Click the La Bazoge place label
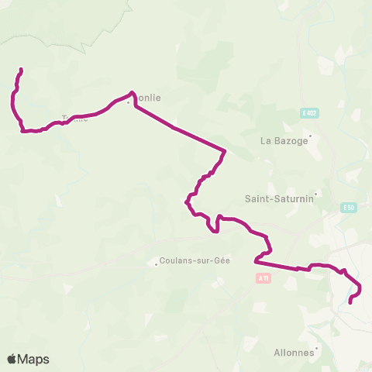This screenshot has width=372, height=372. [284, 141]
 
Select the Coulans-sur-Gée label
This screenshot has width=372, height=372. [195, 261]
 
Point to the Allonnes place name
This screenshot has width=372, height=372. [294, 353]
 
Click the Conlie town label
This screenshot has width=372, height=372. [147, 98]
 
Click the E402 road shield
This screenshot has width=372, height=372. [309, 113]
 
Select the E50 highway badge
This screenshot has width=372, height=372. [349, 208]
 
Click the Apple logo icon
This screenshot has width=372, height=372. [12, 359]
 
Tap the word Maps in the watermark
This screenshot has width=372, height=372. [34, 359]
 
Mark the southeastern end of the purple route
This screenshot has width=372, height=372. [350, 302]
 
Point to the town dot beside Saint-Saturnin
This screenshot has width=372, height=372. [317, 195]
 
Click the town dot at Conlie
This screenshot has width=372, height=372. [129, 102]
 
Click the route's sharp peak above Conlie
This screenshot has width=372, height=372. [133, 93]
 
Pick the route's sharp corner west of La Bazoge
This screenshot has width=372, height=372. [225, 150]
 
